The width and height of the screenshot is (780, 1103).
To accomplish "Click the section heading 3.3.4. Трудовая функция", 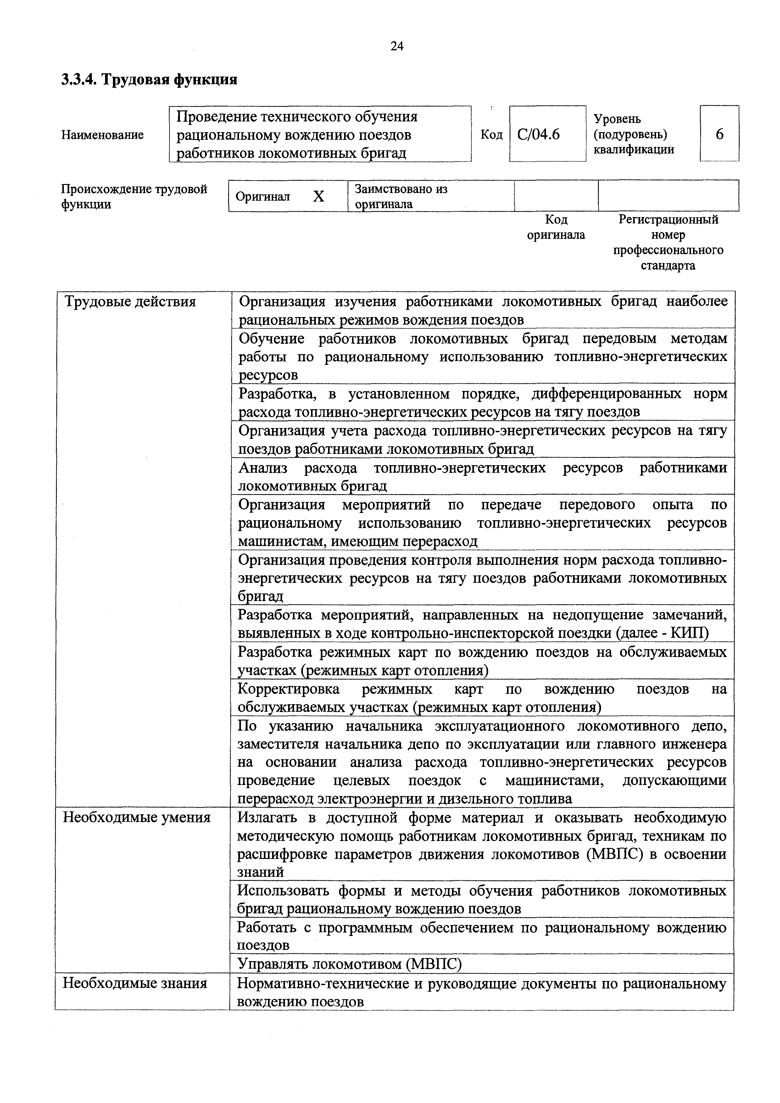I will click(149, 79).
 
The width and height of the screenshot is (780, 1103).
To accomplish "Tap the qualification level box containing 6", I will click(719, 134).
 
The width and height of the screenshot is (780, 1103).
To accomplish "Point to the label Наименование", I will click(102, 135).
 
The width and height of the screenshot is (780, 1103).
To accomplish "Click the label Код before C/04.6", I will click(491, 135).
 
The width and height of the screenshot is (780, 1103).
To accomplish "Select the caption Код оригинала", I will click(556, 227).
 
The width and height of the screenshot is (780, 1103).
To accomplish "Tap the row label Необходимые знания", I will click(135, 983).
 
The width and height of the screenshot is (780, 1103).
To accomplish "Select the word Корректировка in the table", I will click(289, 689).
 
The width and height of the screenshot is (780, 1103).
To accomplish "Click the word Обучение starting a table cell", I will click(271, 339).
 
